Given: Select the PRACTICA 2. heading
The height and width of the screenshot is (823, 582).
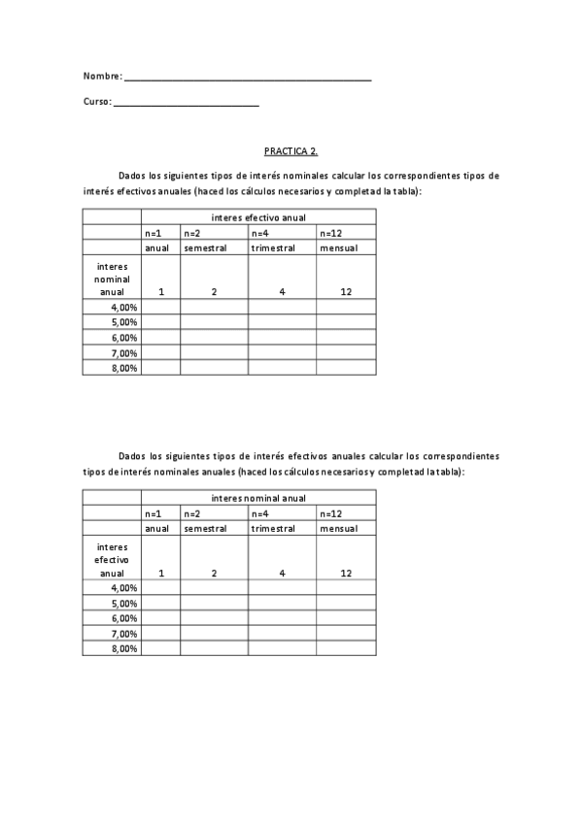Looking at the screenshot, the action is (x=291, y=151).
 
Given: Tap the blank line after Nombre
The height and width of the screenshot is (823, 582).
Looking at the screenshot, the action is (x=248, y=77).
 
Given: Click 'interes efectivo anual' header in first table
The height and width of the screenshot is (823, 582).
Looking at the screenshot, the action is (x=257, y=217).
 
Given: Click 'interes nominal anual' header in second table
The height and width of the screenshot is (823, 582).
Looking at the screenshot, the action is (x=257, y=498).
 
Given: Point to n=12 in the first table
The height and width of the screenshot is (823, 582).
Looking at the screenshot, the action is (x=330, y=233).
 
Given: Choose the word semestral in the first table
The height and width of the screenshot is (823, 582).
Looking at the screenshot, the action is (x=205, y=247).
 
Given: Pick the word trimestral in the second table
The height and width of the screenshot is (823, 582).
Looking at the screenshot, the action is (x=273, y=529).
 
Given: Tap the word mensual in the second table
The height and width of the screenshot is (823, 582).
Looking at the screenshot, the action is (x=339, y=529).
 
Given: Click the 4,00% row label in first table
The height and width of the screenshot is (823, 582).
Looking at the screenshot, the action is (x=124, y=308).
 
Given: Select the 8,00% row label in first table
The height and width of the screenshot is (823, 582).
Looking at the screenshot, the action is (x=124, y=368).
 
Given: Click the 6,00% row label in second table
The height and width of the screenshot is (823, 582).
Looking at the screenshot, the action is (x=124, y=618).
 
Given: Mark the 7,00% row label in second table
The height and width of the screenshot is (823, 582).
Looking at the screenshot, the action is (x=124, y=634).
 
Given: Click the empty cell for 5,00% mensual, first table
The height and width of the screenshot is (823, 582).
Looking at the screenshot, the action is (x=346, y=322).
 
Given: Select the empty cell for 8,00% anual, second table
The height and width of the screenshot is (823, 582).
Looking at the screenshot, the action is (x=160, y=648).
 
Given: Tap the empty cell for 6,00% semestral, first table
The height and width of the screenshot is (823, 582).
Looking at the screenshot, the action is (x=214, y=338).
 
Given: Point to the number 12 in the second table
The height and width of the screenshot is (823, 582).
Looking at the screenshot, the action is (x=346, y=574).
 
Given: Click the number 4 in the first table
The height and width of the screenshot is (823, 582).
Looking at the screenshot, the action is (x=282, y=292).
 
